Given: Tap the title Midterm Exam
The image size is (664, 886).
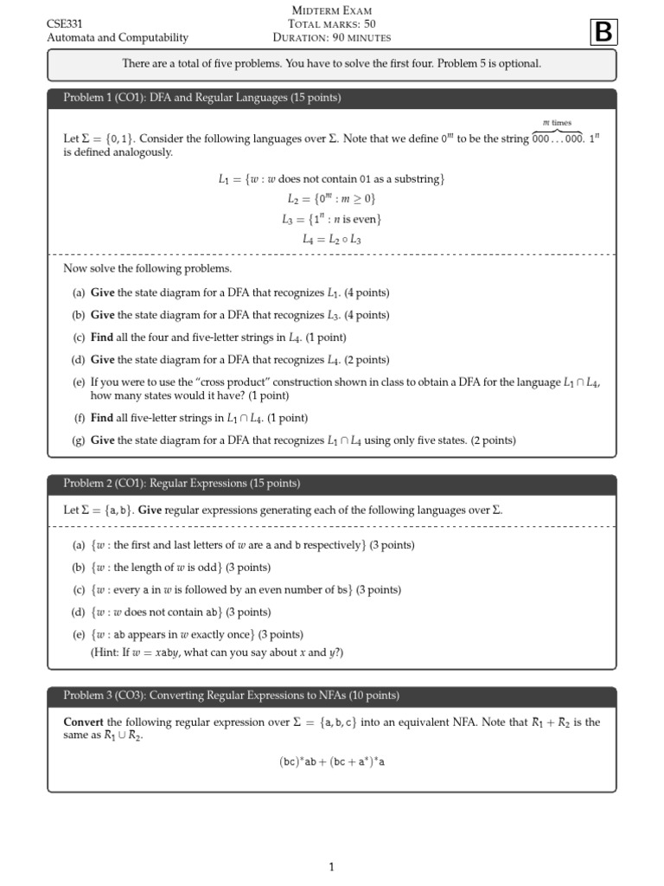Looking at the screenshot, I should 331,10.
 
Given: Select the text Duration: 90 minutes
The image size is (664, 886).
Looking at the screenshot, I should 331,37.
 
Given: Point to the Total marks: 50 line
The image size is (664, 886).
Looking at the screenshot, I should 331,23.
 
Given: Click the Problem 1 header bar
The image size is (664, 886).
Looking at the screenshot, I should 332,98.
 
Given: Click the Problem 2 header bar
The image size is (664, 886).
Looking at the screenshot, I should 332,484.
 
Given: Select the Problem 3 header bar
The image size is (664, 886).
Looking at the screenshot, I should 332,696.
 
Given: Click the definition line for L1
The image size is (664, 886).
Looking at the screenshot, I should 331,179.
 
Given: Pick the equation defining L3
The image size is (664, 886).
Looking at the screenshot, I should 331,219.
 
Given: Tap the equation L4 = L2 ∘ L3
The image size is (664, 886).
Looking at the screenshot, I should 331,239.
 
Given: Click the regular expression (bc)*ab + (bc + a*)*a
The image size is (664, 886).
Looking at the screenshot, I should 331,762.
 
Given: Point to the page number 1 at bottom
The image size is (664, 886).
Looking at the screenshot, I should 331,867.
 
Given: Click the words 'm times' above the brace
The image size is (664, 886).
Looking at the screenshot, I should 557,124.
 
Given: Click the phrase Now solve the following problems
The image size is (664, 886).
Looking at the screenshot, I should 147,269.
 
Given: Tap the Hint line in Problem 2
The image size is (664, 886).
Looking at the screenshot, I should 216,652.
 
